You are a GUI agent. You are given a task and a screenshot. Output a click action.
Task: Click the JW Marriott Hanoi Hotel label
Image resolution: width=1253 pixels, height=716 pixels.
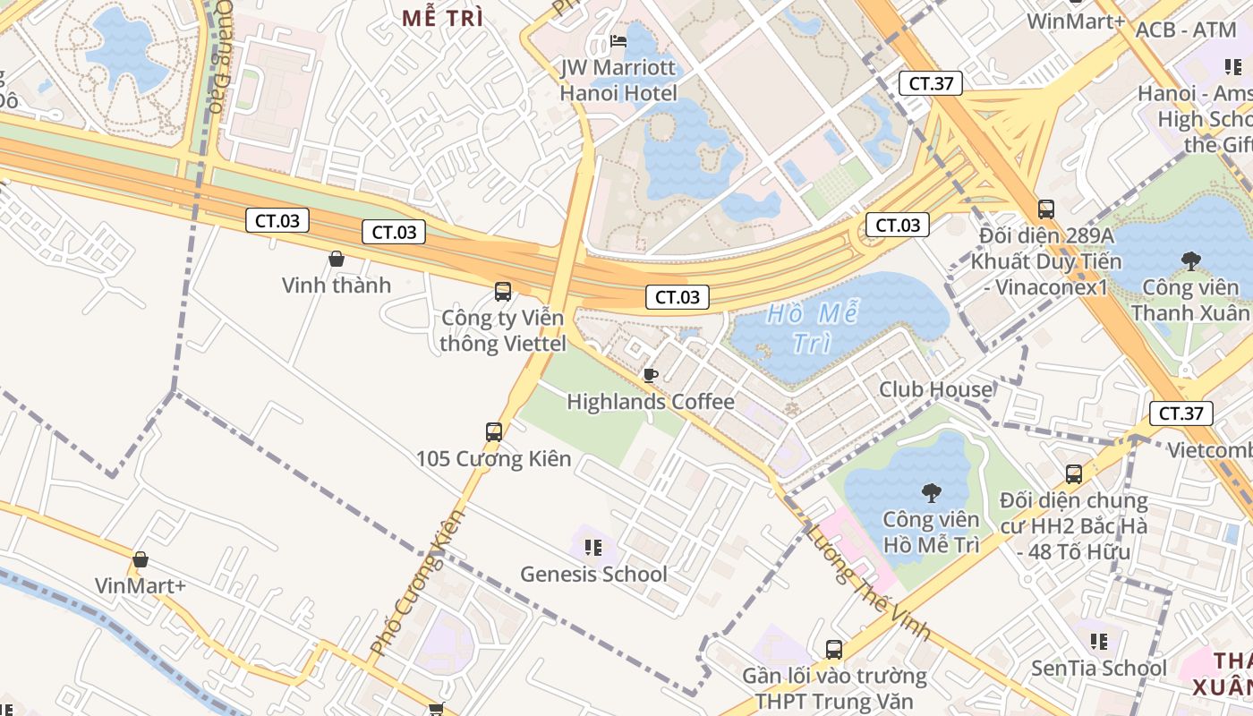618,80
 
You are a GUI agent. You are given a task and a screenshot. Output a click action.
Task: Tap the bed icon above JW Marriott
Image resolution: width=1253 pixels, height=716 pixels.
618,41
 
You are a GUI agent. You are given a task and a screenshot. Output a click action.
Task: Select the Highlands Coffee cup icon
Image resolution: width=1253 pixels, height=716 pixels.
651,374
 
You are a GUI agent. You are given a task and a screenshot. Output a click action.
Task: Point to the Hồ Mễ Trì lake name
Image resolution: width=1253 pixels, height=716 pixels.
812,328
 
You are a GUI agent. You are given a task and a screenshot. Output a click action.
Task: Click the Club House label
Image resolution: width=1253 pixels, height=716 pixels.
935,389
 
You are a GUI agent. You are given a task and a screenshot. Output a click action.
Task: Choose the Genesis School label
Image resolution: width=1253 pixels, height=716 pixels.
593,574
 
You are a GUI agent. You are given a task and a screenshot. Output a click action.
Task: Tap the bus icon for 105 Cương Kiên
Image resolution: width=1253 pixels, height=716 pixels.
493,432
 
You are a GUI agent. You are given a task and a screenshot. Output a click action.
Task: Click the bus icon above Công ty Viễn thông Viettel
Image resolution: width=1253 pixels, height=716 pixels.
503,291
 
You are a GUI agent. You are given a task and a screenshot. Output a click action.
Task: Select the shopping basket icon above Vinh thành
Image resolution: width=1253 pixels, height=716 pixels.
337,259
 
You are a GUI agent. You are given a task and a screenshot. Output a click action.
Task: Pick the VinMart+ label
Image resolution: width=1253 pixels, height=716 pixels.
141,585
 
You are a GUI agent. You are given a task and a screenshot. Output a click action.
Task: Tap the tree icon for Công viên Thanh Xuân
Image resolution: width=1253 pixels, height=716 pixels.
1190,261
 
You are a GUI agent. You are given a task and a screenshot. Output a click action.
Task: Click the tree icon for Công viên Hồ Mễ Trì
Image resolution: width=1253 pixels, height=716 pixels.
931,492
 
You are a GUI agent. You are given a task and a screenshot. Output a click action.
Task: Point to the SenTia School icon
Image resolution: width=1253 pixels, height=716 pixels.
1099,641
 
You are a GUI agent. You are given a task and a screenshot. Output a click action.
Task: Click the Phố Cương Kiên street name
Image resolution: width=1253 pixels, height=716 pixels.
418,581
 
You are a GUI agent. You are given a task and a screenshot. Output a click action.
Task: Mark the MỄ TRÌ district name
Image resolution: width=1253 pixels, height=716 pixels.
442,18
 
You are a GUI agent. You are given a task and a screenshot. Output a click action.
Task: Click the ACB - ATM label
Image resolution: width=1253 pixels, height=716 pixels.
1185,30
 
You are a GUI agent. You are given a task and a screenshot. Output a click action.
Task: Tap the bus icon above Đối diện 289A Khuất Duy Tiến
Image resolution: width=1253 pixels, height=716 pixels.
1045,209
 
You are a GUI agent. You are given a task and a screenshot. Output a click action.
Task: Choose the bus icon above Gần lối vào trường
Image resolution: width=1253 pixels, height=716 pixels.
833,649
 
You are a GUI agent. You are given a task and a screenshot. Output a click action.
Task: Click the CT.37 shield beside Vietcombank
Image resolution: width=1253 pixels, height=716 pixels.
1181,413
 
